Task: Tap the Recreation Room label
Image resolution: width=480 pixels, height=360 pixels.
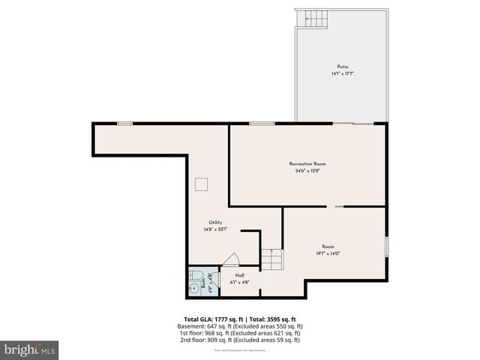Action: (x=307, y=163)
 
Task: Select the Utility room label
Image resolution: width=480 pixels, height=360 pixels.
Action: (x=215, y=222)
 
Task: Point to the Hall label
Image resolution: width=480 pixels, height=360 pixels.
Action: (x=240, y=275)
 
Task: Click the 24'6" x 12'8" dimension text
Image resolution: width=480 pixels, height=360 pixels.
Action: (x=307, y=170)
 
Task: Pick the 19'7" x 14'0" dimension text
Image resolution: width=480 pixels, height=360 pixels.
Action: (x=328, y=253)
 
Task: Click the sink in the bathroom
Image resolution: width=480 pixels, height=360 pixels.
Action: (x=194, y=274)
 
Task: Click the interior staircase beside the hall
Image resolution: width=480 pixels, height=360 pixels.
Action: (x=271, y=260)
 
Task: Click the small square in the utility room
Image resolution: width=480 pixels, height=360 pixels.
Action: (x=201, y=184)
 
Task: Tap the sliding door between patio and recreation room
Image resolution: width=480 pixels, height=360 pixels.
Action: (x=352, y=123)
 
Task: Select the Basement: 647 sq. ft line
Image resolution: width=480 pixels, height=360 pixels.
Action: (x=240, y=326)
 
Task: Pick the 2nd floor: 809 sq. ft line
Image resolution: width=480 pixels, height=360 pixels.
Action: (x=240, y=340)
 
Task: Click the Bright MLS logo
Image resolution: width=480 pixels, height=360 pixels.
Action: (x=30, y=349)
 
